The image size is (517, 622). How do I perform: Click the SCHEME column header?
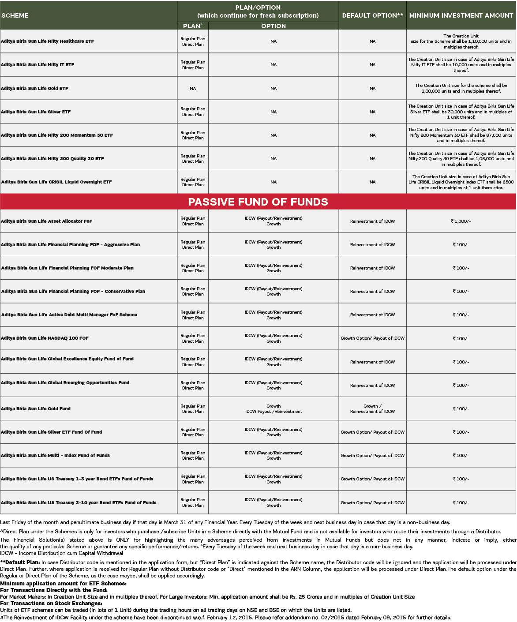click(15, 15)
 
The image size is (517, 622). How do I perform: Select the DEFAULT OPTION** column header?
click(372, 15)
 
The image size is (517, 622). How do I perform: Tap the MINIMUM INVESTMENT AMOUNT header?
click(461, 15)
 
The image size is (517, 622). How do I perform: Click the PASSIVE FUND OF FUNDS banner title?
click(258, 202)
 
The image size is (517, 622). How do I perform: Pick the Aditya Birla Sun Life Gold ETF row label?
click(35, 88)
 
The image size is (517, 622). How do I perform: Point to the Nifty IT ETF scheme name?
click(37, 64)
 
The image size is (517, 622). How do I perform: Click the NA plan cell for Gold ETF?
click(193, 88)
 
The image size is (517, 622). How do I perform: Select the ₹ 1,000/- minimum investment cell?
click(461, 221)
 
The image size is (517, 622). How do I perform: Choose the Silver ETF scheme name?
click(36, 112)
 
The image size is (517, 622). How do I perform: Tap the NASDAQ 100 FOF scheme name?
click(45, 338)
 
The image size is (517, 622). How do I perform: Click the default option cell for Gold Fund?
click(372, 408)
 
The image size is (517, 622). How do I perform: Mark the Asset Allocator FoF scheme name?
click(46, 221)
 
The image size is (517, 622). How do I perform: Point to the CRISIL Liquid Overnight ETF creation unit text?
click(461, 182)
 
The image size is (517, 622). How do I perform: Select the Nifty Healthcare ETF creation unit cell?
click(461, 41)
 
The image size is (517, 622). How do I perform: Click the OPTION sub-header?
click(273, 26)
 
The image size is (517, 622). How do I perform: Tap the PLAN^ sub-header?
click(193, 26)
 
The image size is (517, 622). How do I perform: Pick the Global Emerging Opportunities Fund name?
click(65, 382)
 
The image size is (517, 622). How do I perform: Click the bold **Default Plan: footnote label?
click(20, 562)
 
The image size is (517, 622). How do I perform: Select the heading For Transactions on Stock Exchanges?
click(51, 603)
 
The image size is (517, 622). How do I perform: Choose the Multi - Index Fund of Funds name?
click(55, 455)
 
